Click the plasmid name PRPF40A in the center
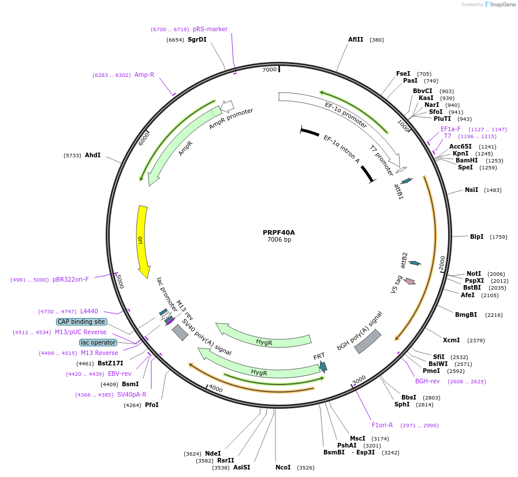(278, 232)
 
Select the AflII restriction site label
(356, 40)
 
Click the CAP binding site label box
(81, 321)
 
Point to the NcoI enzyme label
(283, 467)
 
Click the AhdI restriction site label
(92, 155)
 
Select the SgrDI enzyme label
(197, 40)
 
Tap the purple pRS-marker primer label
(210, 29)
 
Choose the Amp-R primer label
(144, 75)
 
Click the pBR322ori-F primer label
(70, 279)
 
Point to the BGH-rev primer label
(427, 381)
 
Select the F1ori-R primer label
(382, 425)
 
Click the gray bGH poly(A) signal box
(367, 341)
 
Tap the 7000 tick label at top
(270, 69)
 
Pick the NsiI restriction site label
(471, 190)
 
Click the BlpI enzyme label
(476, 236)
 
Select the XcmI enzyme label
(451, 340)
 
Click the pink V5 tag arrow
(410, 281)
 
